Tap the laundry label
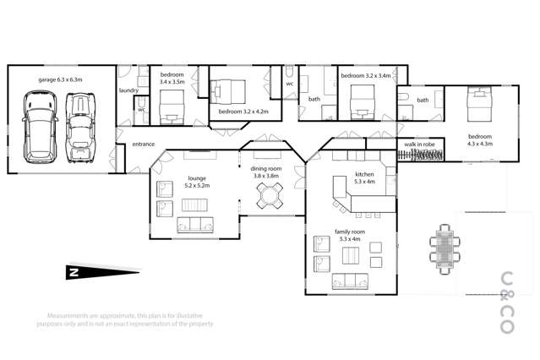pos(128,90)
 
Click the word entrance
pos(143,145)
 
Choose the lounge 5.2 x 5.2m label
pos(197,181)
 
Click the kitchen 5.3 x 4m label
pos(364,178)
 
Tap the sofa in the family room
pos(350,281)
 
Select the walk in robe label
pos(419,145)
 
